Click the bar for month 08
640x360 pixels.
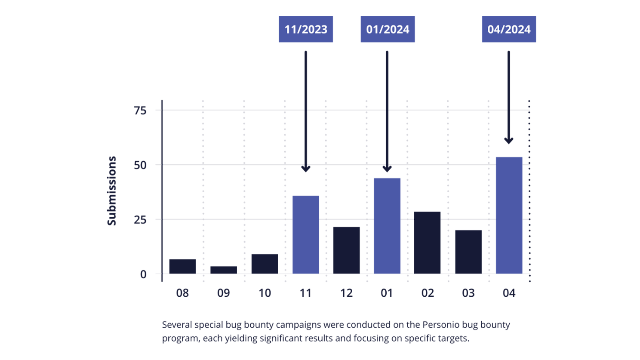[182, 266]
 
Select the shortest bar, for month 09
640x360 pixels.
[223, 270]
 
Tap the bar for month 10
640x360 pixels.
[265, 264]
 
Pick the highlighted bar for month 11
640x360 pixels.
[305, 234]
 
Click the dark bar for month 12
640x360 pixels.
[346, 250]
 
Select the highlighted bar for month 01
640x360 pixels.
[387, 225]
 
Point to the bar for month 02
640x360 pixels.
[427, 242]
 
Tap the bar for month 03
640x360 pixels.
[468, 252]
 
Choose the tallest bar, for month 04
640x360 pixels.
[509, 215]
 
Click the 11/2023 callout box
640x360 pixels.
[305, 29]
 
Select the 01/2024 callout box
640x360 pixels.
[388, 29]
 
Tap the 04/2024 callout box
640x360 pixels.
[509, 29]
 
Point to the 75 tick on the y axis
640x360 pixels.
[140, 111]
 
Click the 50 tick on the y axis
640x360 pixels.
[140, 165]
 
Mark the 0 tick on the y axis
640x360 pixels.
[143, 274]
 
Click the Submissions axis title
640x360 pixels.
[112, 191]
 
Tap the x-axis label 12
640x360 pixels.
[346, 293]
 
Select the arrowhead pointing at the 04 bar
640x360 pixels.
[508, 141]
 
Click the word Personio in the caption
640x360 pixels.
[441, 325]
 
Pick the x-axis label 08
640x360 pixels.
[182, 293]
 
